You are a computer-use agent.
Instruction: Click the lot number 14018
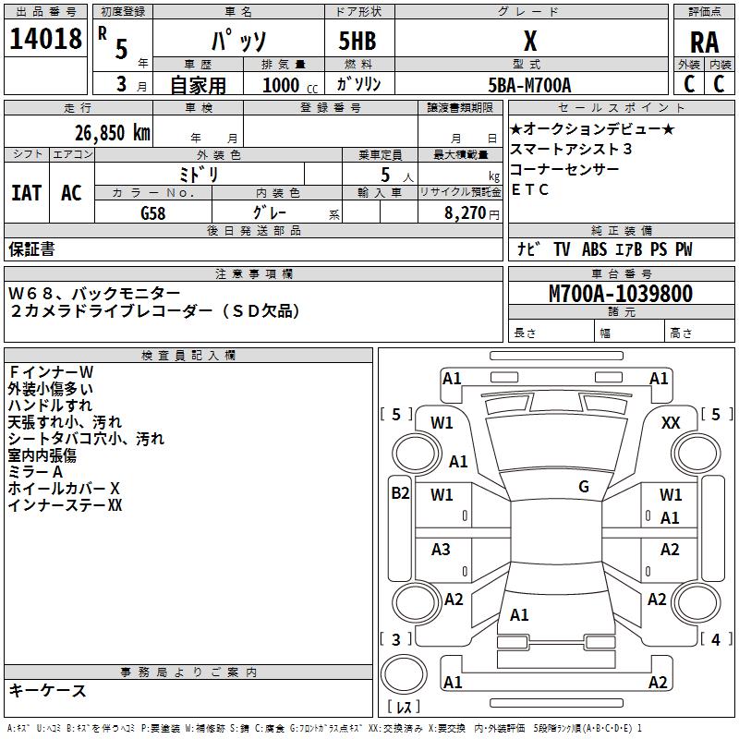[x=45, y=41]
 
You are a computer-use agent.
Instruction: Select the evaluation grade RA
[x=704, y=42]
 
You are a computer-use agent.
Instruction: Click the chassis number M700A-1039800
[x=620, y=294]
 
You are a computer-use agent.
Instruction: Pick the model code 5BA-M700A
[x=529, y=86]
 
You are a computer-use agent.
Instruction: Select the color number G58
[x=153, y=212]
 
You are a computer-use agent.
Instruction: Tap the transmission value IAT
[x=26, y=192]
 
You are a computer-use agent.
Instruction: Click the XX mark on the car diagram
[x=672, y=422]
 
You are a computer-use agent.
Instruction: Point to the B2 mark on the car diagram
[x=400, y=493]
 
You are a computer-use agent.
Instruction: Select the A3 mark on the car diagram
[x=442, y=550]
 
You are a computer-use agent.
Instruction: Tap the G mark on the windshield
[x=584, y=487]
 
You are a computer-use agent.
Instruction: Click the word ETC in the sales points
[x=530, y=190]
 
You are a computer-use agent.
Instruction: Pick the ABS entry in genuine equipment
[x=594, y=249]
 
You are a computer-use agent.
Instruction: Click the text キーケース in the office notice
[x=47, y=690]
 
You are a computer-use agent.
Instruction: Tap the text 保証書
[x=31, y=249]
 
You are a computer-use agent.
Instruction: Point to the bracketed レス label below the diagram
[x=404, y=708]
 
